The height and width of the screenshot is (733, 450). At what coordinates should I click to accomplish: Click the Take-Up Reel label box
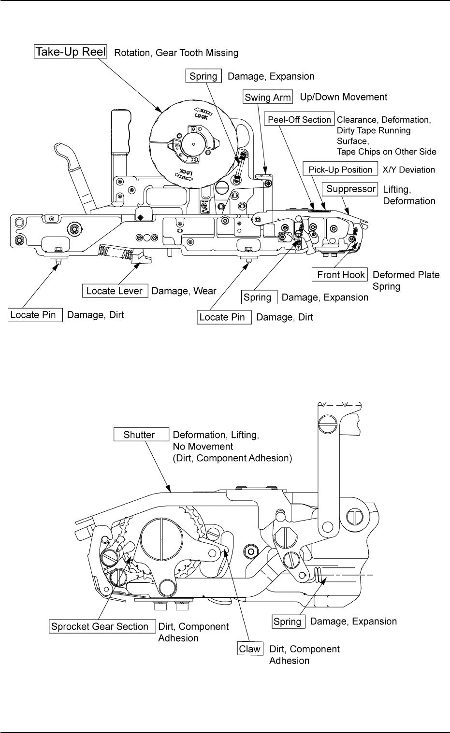(71, 52)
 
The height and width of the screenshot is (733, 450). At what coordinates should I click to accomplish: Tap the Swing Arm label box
(268, 97)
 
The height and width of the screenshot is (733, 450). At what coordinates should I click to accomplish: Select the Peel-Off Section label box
(300, 119)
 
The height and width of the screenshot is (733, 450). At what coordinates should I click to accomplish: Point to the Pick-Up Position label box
(340, 169)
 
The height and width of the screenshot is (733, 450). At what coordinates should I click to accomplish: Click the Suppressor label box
(351, 189)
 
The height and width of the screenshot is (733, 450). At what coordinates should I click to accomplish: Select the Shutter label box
(139, 435)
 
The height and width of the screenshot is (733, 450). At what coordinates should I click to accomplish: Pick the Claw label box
(250, 649)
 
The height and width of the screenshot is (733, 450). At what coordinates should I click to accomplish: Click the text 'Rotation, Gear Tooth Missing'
(176, 53)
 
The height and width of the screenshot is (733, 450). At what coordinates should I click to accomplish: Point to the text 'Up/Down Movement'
(344, 97)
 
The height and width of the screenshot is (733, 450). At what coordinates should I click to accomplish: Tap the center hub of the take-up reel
(193, 144)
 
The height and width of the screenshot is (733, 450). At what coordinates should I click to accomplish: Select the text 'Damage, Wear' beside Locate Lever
(184, 291)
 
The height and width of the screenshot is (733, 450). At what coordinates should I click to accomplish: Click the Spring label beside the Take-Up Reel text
(203, 76)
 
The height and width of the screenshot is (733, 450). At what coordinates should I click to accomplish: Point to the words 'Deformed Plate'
(406, 275)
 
